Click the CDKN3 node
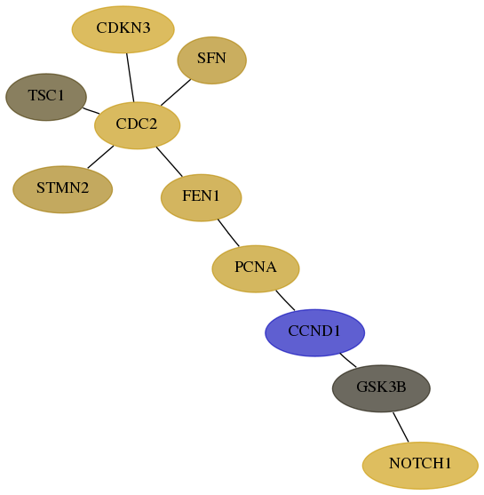click(x=123, y=29)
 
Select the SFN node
click(x=211, y=60)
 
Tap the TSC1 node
click(x=46, y=97)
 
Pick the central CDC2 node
click(x=138, y=125)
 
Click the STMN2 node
click(x=62, y=189)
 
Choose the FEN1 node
click(x=202, y=197)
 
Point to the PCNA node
click(x=256, y=268)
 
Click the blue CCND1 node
click(x=315, y=332)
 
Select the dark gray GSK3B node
click(x=381, y=388)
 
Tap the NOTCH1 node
click(x=420, y=466)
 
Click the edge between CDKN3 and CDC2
click(x=131, y=77)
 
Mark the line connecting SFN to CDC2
click(x=176, y=92)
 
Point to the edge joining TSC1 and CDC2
click(x=91, y=111)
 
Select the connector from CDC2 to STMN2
click(x=100, y=157)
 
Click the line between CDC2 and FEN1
click(x=169, y=162)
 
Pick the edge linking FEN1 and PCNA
click(x=228, y=233)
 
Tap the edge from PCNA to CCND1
click(x=285, y=300)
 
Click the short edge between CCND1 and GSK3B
click(x=348, y=360)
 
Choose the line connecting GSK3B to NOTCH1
click(x=401, y=427)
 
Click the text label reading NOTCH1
click(x=420, y=463)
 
